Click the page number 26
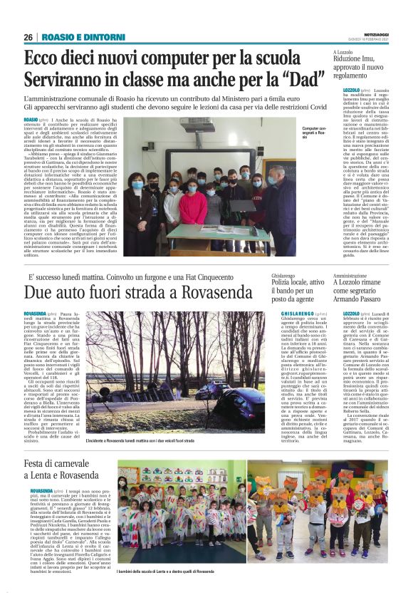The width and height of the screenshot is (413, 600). [28, 37]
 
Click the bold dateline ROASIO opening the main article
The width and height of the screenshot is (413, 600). [31, 120]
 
